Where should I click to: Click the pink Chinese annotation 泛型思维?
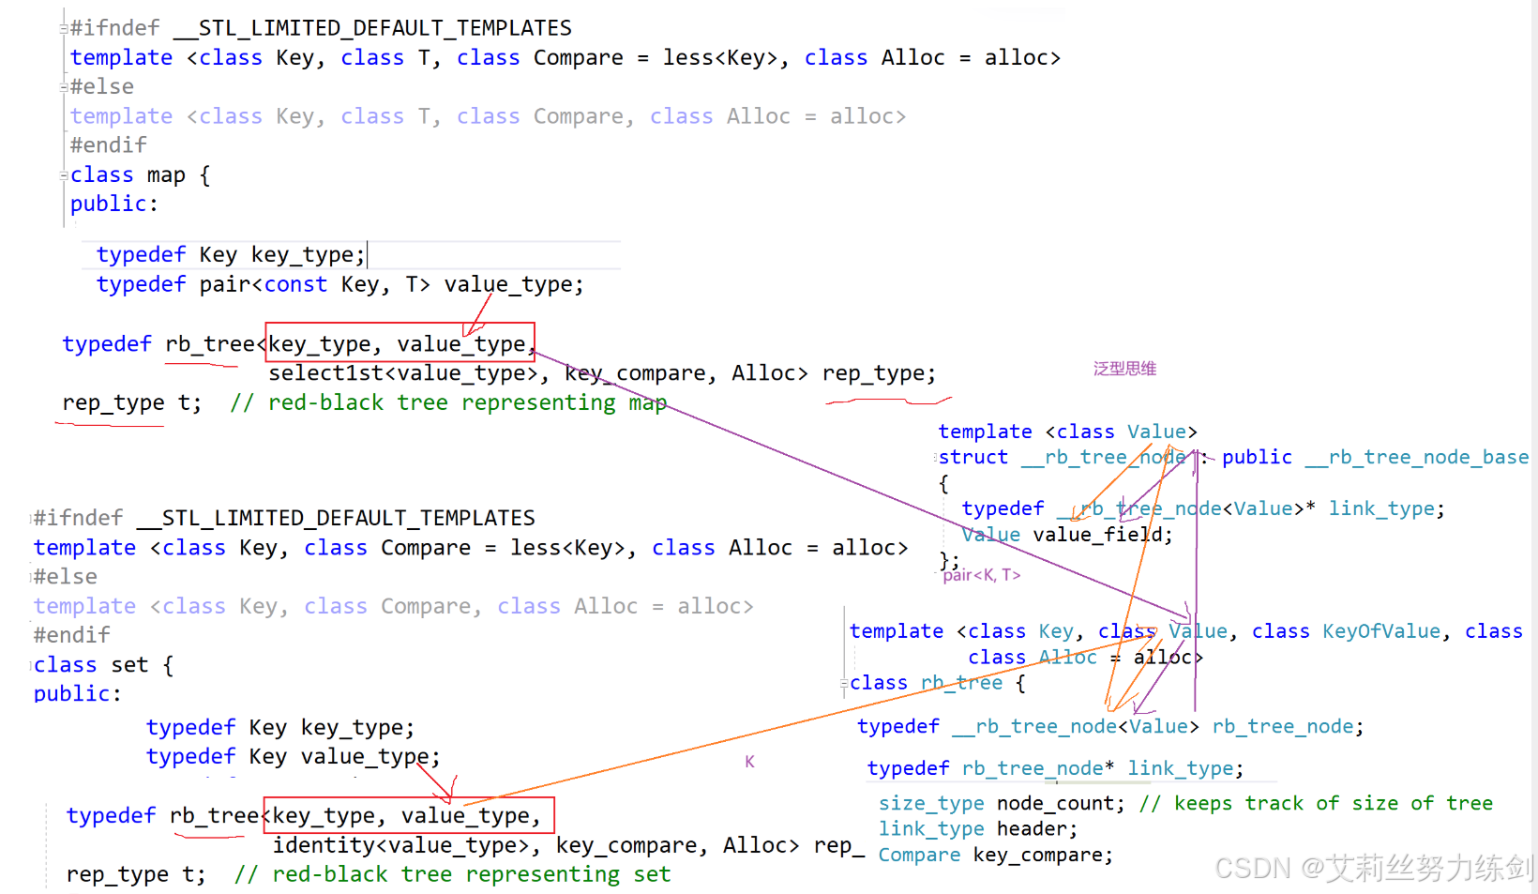point(1124,369)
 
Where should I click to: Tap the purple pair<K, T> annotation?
point(982,575)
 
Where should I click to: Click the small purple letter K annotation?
point(749,762)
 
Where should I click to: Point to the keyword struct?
point(973,457)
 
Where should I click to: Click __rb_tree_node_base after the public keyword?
point(1417,457)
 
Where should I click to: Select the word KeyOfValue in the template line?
point(1380,631)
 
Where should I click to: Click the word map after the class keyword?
point(166,175)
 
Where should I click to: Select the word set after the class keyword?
point(129,665)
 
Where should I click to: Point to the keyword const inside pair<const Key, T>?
point(295,284)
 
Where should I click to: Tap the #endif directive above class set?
point(72,635)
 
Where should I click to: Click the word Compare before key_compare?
point(919,855)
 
